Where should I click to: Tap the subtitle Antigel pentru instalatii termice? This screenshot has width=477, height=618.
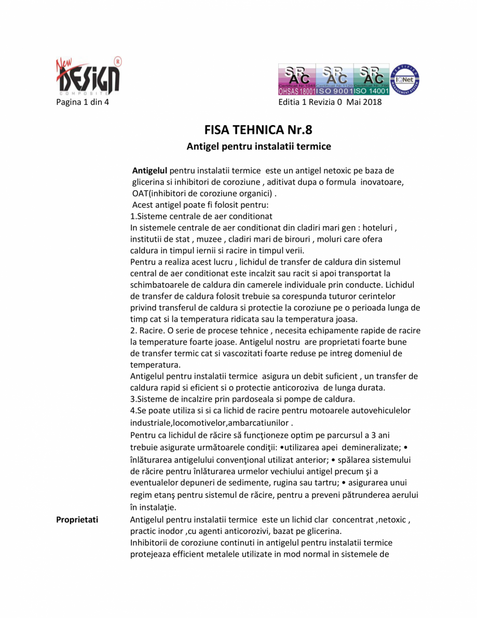click(x=258, y=146)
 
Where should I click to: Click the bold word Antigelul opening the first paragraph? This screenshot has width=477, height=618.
click(x=149, y=170)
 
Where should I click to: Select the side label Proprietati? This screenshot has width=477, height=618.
click(x=77, y=519)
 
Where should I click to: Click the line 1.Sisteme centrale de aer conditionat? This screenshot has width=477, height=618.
click(x=201, y=216)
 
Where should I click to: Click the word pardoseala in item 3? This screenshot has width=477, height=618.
click(x=253, y=399)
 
